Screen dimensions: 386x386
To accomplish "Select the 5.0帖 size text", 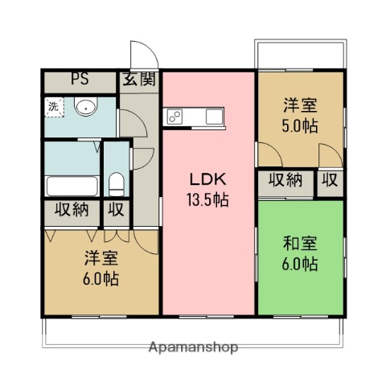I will [298, 127].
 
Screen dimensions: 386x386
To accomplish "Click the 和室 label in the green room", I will [299, 242].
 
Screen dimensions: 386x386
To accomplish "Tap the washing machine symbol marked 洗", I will [53, 106].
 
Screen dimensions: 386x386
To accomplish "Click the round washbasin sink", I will [84, 107].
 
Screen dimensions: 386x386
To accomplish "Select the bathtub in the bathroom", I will [73, 187].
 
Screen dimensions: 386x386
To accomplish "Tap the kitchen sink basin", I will [214, 117].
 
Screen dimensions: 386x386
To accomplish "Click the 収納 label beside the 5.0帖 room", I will [285, 180].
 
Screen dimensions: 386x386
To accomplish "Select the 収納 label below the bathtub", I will [72, 211].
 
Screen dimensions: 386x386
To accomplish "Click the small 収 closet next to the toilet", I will [117, 211].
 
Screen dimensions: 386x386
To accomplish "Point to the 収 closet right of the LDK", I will [330, 180].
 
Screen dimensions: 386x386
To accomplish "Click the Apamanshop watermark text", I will [193, 348].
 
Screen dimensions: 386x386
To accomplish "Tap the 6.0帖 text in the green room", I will [299, 264].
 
